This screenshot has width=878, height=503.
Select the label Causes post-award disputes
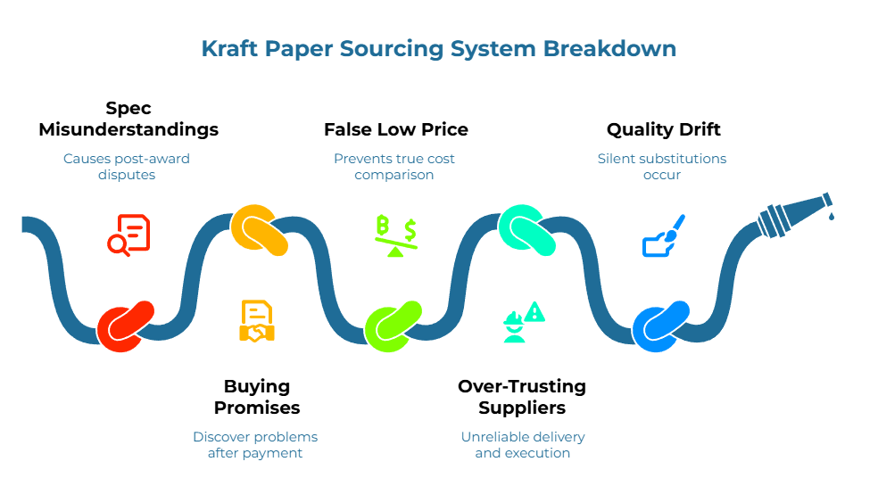coord(126,167)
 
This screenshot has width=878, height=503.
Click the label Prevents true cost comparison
coord(393,167)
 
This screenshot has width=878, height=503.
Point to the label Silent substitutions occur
coord(661,167)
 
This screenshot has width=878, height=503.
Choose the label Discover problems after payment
coord(255,444)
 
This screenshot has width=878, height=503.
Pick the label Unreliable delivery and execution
coord(523,444)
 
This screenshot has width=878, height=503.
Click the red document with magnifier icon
coord(128,235)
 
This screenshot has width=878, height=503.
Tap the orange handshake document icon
coord(257,321)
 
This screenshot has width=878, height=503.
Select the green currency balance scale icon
coord(395,235)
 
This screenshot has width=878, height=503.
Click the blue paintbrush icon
coord(664,235)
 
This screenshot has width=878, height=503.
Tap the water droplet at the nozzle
coord(832,215)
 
